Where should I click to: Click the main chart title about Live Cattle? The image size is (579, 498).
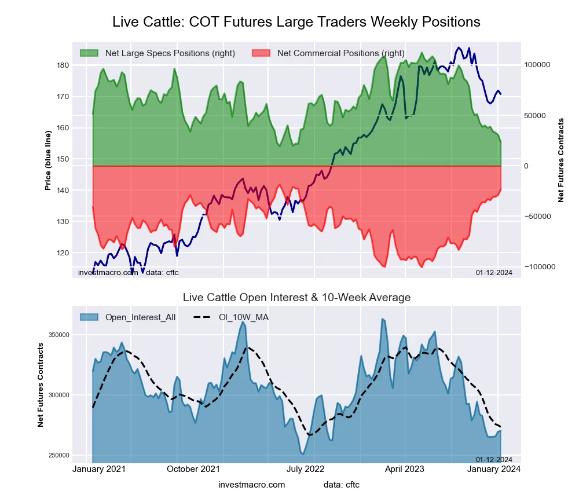tap(296, 22)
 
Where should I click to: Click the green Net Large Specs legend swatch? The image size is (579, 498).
tap(89, 53)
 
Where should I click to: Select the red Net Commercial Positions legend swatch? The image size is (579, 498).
tap(261, 53)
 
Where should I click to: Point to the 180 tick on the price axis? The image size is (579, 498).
tap(63, 65)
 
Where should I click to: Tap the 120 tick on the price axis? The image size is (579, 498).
tap(63, 253)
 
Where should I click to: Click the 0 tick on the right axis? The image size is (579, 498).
tap(527, 166)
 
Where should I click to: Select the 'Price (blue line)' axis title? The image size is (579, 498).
tap(49, 160)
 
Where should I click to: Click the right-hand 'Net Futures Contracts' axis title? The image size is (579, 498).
tap(561, 160)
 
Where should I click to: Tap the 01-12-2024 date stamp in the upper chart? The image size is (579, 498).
tap(494, 272)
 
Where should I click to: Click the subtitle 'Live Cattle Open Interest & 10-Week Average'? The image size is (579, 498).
tap(296, 298)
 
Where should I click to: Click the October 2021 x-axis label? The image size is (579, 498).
tap(193, 469)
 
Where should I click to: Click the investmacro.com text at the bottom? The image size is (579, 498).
tap(252, 485)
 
